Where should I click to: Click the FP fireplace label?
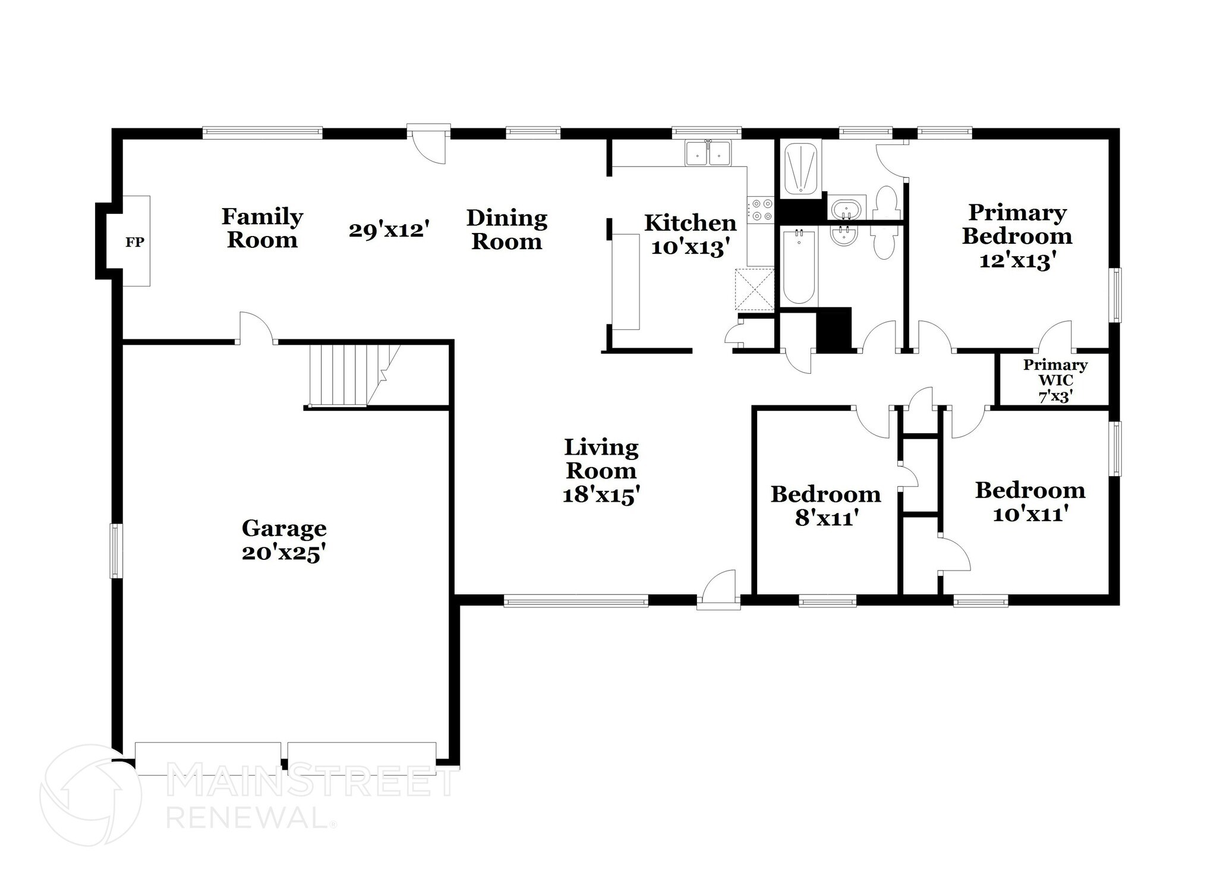[x=135, y=242]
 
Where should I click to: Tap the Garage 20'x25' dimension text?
[x=284, y=553]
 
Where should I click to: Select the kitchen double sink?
[x=708, y=153]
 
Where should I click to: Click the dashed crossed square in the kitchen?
[x=755, y=289]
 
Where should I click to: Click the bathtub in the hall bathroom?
[x=800, y=267]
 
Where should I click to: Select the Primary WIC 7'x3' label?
[x=1055, y=380]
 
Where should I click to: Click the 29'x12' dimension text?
[x=389, y=230]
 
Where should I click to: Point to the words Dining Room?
[x=506, y=229]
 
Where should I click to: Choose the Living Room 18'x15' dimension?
[x=601, y=495]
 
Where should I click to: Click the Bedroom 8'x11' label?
[x=825, y=506]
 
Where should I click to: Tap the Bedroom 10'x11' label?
[x=1030, y=502]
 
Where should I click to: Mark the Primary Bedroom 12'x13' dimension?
[x=1017, y=260]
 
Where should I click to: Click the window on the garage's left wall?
[x=116, y=550]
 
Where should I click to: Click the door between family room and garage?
[x=257, y=327]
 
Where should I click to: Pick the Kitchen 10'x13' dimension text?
[x=690, y=247]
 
